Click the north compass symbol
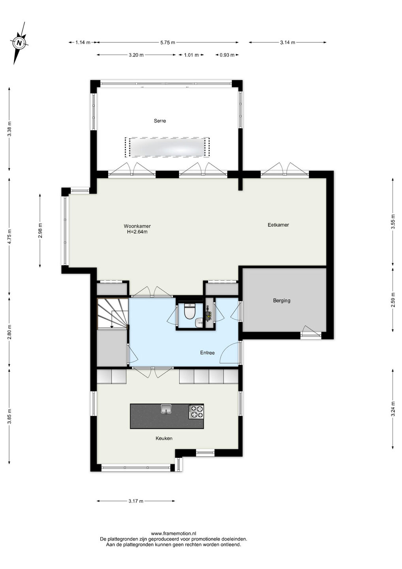click(x=19, y=43)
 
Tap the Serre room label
click(x=160, y=121)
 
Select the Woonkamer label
click(x=137, y=226)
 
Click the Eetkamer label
click(x=278, y=225)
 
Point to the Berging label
click(x=282, y=300)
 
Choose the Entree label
click(x=207, y=352)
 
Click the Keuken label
click(x=164, y=438)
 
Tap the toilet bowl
click(x=190, y=311)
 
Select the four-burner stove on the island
click(x=196, y=412)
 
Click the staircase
click(x=113, y=313)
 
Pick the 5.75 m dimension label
click(x=167, y=42)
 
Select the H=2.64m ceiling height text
click(x=137, y=232)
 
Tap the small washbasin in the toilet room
click(x=199, y=323)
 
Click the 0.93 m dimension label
click(x=227, y=55)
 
